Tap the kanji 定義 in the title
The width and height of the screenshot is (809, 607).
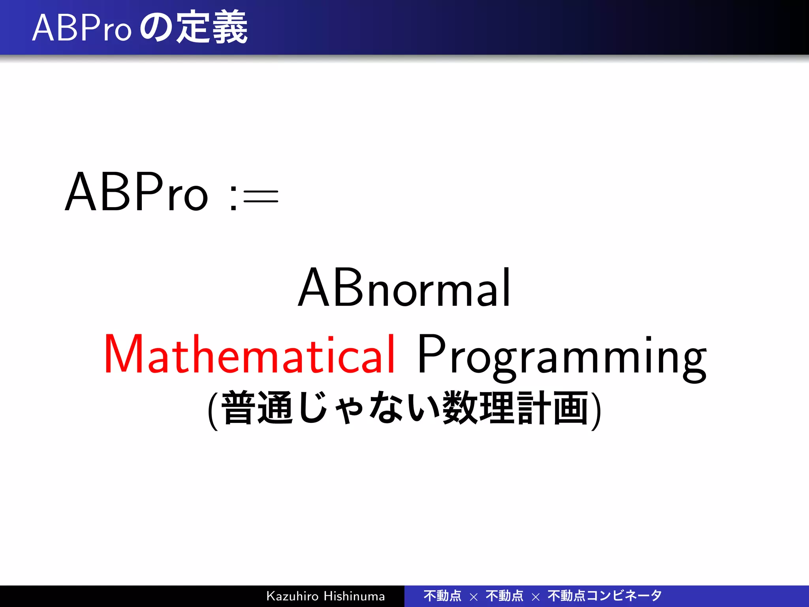pyautogui.click(x=212, y=28)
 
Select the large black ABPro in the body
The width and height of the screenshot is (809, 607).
pyautogui.click(x=136, y=192)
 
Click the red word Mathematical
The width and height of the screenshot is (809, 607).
pyautogui.click(x=249, y=354)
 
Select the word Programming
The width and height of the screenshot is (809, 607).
pyautogui.click(x=561, y=356)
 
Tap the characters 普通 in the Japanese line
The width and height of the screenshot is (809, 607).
pyautogui.click(x=257, y=408)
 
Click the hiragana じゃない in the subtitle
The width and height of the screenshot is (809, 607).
pyautogui.click(x=369, y=408)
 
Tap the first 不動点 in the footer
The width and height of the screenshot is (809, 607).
pyautogui.click(x=442, y=596)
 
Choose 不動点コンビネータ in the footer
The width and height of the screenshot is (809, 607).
pyautogui.click(x=604, y=596)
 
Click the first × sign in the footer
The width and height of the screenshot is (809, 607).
pyautogui.click(x=474, y=597)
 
